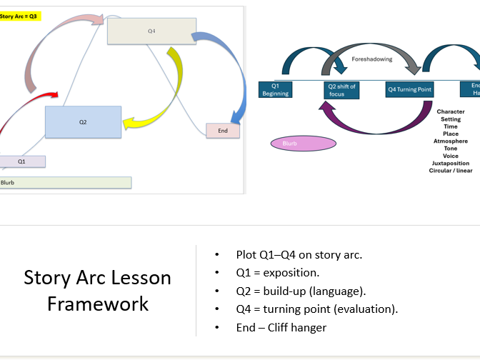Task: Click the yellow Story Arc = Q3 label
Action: point(20,16)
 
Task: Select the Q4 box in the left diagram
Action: point(151,31)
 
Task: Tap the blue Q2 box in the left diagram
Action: point(83,121)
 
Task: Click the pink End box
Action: point(223,131)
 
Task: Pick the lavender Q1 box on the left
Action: point(22,161)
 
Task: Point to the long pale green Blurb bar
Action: point(66,182)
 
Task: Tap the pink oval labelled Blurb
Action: point(303,144)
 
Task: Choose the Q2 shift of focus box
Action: point(341,89)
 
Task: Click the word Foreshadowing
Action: point(372,59)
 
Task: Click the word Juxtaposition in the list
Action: point(450,163)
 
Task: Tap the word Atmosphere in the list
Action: point(450,141)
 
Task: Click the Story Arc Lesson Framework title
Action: point(98,290)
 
